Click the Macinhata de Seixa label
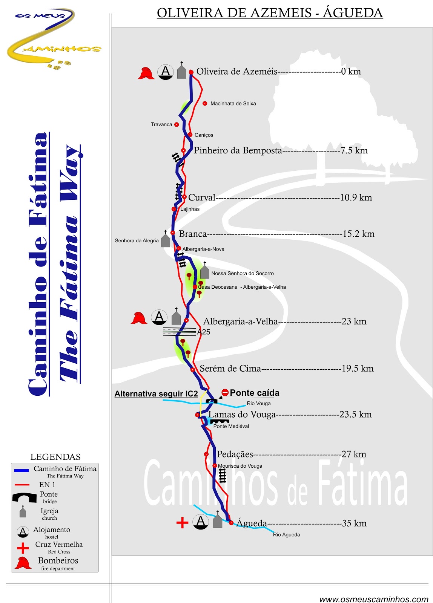(x=233, y=104)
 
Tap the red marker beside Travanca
(x=177, y=124)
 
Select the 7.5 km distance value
(x=354, y=151)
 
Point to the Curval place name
(x=201, y=197)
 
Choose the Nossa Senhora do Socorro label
(x=242, y=274)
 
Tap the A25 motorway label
(x=204, y=332)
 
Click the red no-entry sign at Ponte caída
(x=225, y=393)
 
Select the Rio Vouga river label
(x=258, y=404)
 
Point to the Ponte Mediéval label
(x=231, y=426)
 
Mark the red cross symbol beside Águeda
(x=182, y=523)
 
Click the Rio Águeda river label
(x=286, y=535)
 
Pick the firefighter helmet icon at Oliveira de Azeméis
(x=146, y=73)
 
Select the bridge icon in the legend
(x=25, y=497)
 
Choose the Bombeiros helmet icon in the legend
(x=23, y=563)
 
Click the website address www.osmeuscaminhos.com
(x=373, y=599)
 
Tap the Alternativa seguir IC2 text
(x=156, y=394)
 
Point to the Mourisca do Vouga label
(x=240, y=466)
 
